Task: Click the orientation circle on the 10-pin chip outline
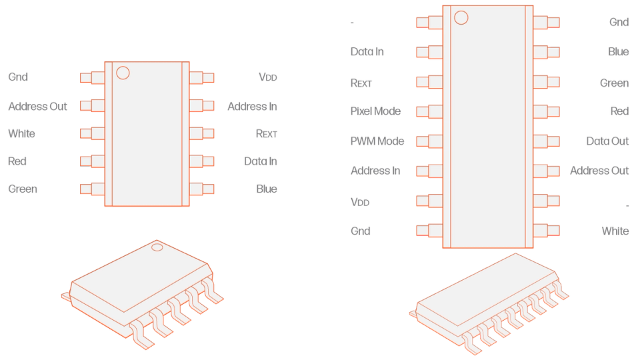pos(123,73)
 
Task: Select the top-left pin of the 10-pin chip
pos(91,77)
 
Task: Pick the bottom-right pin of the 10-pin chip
pos(203,189)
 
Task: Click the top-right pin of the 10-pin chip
pos(203,77)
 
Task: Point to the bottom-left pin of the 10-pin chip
pos(91,189)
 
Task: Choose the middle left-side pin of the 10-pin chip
pos(91,133)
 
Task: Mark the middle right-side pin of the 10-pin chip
pos(203,133)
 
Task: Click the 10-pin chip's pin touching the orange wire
pos(203,161)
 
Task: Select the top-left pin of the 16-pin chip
pos(428,22)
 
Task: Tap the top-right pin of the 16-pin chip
pos(547,22)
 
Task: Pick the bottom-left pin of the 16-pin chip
pos(428,231)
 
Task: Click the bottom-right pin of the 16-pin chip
pos(547,231)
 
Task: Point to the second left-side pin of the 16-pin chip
pos(428,52)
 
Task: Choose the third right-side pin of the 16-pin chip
pos(547,82)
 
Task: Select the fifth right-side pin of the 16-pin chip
pos(547,141)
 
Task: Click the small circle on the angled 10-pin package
pos(157,248)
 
